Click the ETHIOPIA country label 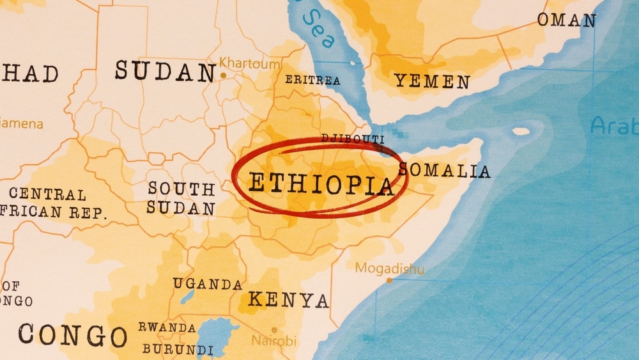pos(321,184)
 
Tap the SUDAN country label pos(165,71)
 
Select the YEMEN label pos(432,81)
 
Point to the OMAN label pos(566,20)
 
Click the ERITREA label pos(312,80)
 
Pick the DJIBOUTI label pos(352,139)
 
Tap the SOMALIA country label pos(445,171)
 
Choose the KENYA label pos(288,299)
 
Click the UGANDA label pos(208,284)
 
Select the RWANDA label pos(167,327)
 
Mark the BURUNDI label pos(178,350)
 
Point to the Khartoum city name pos(250,64)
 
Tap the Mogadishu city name pos(390,268)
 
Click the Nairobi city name pos(273,340)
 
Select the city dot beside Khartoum pos(223,75)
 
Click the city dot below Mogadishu pos(389,280)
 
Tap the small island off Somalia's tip pos(521,132)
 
